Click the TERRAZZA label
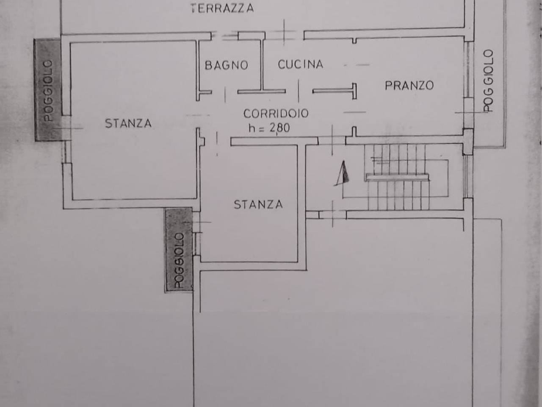222,8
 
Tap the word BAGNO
226,65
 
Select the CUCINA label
300,64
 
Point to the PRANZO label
409,85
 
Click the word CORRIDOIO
276,114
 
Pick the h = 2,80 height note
269,127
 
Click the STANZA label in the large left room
128,123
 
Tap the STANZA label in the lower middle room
258,204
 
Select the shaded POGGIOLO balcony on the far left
47,90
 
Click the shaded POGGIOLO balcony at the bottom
179,249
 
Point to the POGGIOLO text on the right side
489,81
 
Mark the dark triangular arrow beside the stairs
343,174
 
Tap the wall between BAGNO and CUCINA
262,64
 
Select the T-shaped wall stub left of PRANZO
335,91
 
